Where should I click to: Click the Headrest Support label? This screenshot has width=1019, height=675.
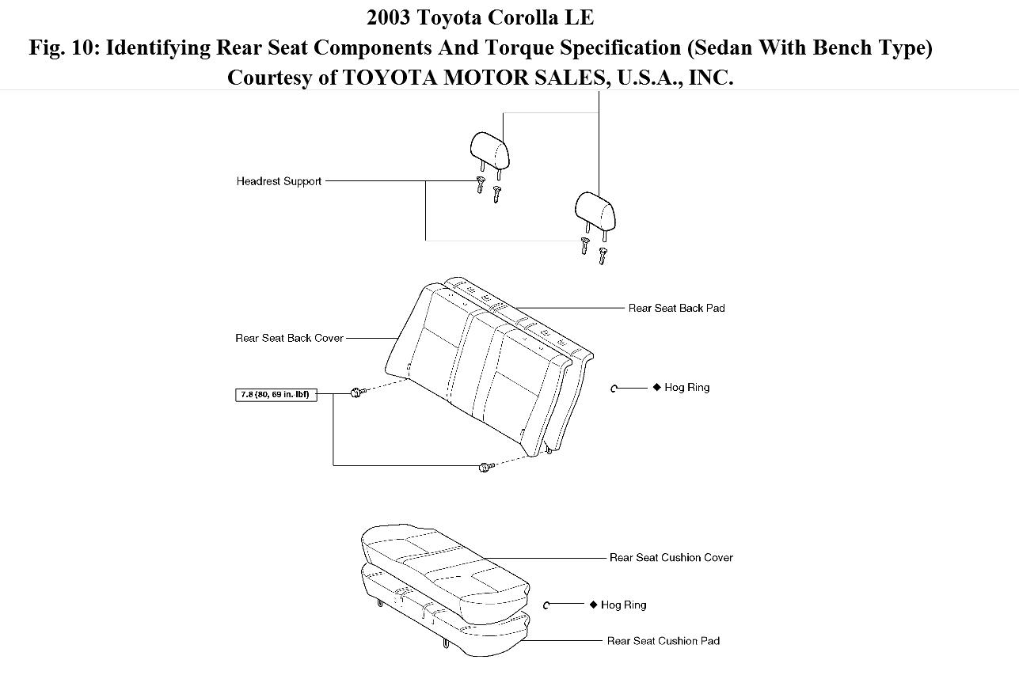pyautogui.click(x=279, y=181)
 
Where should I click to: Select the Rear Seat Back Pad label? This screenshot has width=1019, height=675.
pyautogui.click(x=676, y=308)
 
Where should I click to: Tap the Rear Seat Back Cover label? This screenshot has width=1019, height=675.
pyautogui.click(x=289, y=338)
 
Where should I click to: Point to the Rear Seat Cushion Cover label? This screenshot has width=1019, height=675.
pyautogui.click(x=671, y=558)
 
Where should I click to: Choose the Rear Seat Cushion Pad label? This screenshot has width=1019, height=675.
pyautogui.click(x=663, y=641)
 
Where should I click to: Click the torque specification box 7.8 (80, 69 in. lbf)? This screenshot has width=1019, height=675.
pyautogui.click(x=276, y=394)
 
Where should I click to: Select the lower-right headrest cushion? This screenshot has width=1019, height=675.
pyautogui.click(x=594, y=210)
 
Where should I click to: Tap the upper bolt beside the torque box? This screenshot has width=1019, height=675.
pyautogui.click(x=356, y=392)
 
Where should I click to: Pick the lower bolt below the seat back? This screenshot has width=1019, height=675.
pyautogui.click(x=485, y=468)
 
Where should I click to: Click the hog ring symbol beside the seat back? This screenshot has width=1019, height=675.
pyautogui.click(x=614, y=388)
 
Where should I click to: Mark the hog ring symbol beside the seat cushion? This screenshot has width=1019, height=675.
pyautogui.click(x=547, y=605)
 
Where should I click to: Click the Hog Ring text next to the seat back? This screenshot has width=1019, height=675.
pyautogui.click(x=686, y=388)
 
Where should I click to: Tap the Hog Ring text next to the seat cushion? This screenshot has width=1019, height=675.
pyautogui.click(x=623, y=605)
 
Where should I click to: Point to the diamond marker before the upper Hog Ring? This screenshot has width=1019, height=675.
pyautogui.click(x=656, y=387)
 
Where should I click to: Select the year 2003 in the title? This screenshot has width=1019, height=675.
pyautogui.click(x=390, y=17)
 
